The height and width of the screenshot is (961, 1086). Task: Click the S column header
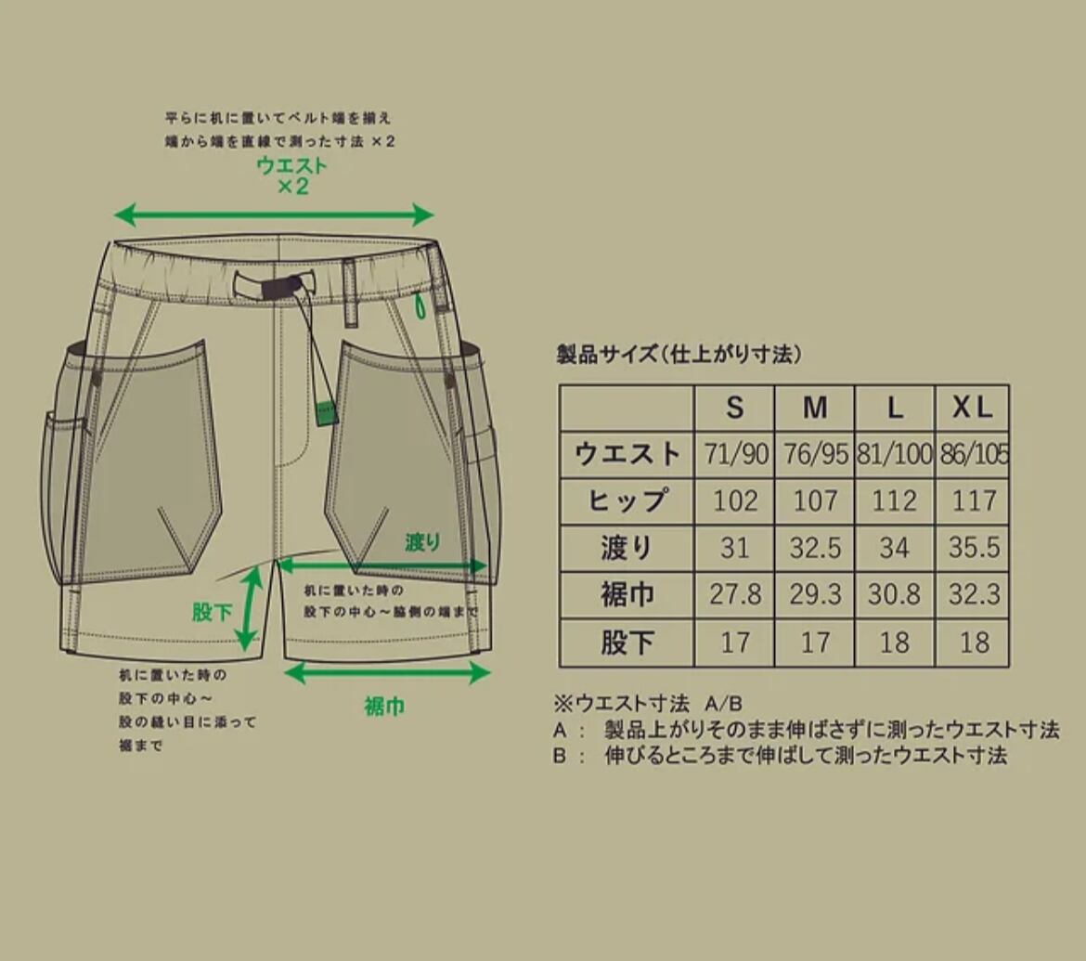[734, 408]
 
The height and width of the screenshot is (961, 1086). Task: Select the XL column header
[972, 408]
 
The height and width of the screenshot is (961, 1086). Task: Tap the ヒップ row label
[627, 501]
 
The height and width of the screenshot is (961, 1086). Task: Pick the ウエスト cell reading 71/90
[734, 455]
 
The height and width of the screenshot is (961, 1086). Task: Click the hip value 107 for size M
[814, 501]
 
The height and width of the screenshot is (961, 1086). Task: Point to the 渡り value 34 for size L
[894, 548]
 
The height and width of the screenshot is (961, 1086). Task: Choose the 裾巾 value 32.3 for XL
[974, 594]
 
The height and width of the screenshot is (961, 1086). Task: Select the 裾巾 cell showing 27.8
[734, 594]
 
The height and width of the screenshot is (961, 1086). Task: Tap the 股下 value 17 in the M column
[814, 643]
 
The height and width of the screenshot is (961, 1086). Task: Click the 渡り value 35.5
[974, 548]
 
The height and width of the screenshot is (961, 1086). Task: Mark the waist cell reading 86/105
[974, 455]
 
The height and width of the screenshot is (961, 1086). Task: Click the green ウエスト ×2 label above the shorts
[292, 175]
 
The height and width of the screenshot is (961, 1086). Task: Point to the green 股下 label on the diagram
[212, 612]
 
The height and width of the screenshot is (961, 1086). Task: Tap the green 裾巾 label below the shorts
[384, 707]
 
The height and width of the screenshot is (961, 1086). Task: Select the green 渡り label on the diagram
[422, 543]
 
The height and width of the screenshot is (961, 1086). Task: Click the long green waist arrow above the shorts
[274, 216]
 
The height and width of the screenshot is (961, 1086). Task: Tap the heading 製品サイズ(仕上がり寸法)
[678, 355]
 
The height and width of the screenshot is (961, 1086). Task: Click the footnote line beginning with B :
[780, 755]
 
